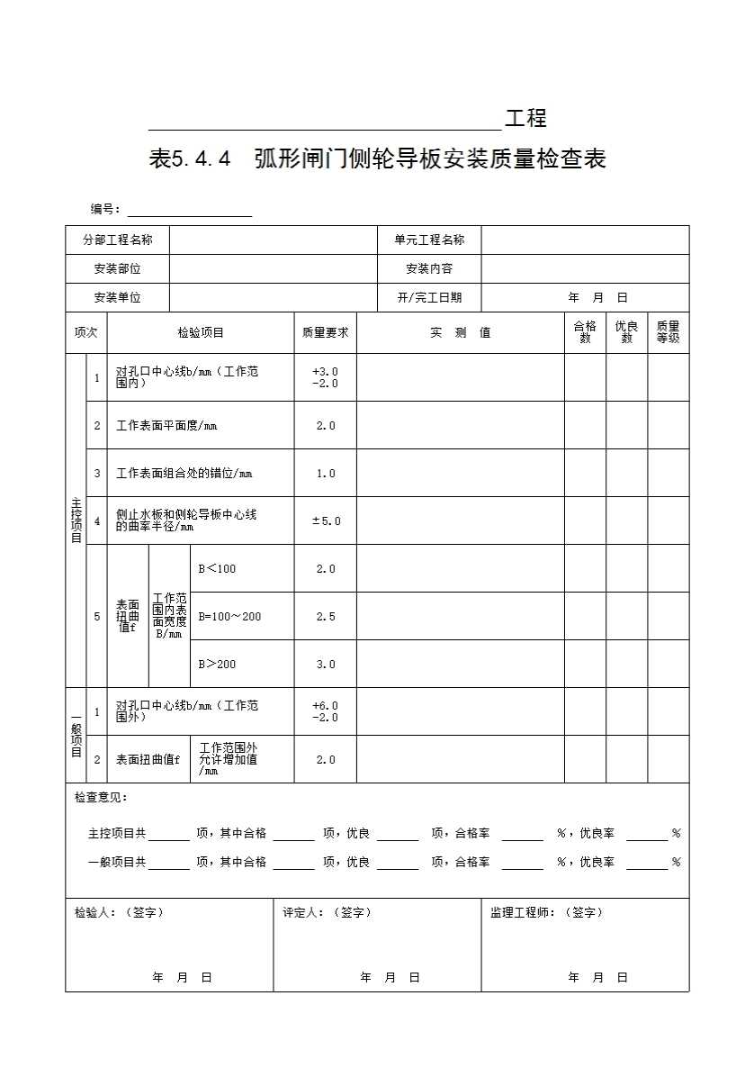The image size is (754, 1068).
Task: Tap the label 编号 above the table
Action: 105,209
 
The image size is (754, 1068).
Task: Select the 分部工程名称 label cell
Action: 117,240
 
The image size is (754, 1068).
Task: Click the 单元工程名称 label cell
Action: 429,240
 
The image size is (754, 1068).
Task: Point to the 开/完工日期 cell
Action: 429,297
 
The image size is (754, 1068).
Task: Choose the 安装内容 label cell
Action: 429,268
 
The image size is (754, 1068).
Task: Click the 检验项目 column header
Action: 201,332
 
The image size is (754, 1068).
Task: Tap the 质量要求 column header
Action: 325,332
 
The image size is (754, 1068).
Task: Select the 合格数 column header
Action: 585,332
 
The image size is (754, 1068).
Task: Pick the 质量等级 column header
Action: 668,332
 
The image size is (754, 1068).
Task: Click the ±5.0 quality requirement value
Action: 325,520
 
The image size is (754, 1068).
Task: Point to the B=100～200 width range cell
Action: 229,616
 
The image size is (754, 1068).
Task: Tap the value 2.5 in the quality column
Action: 325,616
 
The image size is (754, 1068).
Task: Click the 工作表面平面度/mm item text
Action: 166,425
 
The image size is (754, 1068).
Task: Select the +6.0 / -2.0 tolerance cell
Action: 325,711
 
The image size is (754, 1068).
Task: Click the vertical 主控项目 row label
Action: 76,520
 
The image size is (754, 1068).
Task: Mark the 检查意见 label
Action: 101,797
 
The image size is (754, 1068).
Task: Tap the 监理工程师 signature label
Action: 546,912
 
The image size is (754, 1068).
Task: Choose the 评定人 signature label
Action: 327,912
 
